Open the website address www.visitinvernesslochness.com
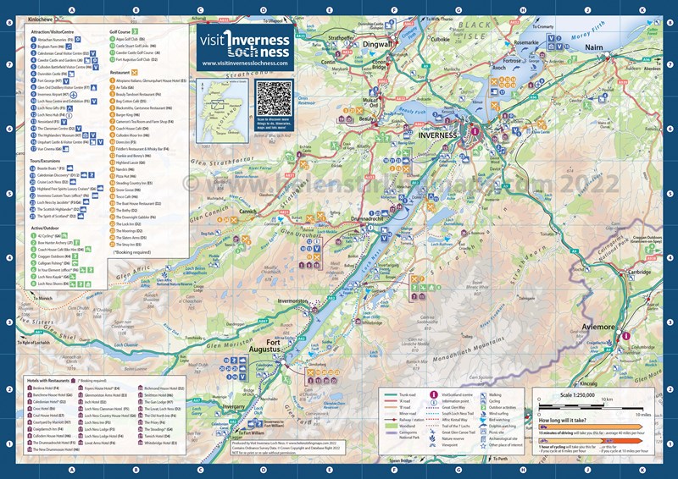(245, 63)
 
